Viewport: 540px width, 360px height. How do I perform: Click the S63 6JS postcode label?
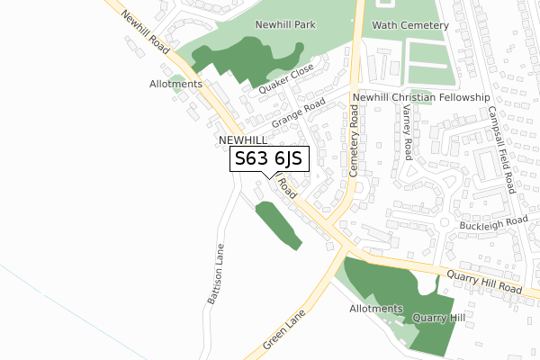[x=270, y=159]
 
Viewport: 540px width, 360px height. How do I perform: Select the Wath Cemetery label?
[x=409, y=26]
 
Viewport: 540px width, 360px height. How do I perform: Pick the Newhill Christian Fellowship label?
[x=420, y=97]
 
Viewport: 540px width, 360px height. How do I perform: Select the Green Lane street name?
[x=286, y=333]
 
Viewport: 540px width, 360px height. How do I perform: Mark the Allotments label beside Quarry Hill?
[x=376, y=309]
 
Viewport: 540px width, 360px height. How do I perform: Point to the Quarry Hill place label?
[x=438, y=318]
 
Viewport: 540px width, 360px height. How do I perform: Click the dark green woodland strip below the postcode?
[x=278, y=225]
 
